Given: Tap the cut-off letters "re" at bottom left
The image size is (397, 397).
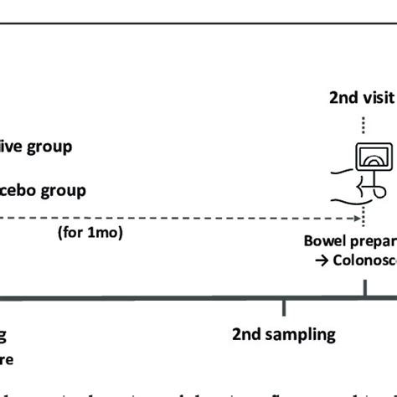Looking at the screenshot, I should tap(7, 362).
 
